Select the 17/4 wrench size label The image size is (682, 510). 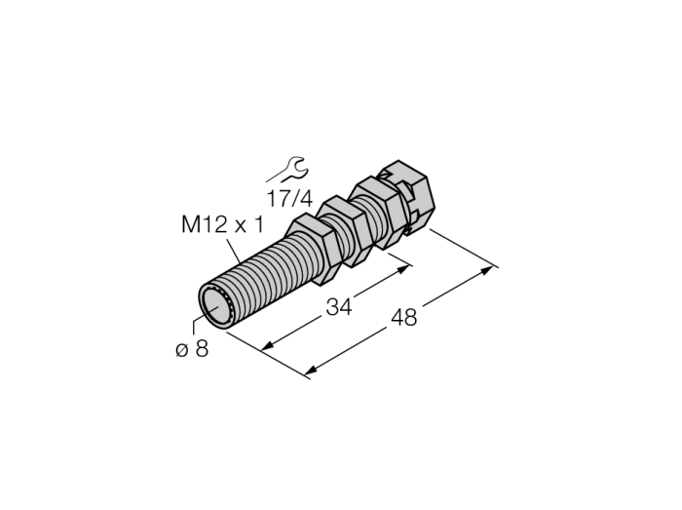pos(289,198)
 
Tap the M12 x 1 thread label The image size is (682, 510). pos(222,225)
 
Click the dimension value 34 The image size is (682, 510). pos(339,307)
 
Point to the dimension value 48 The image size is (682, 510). pos(404,317)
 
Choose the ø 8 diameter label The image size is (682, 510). pos(192,348)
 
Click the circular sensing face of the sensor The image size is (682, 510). pos(216,305)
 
